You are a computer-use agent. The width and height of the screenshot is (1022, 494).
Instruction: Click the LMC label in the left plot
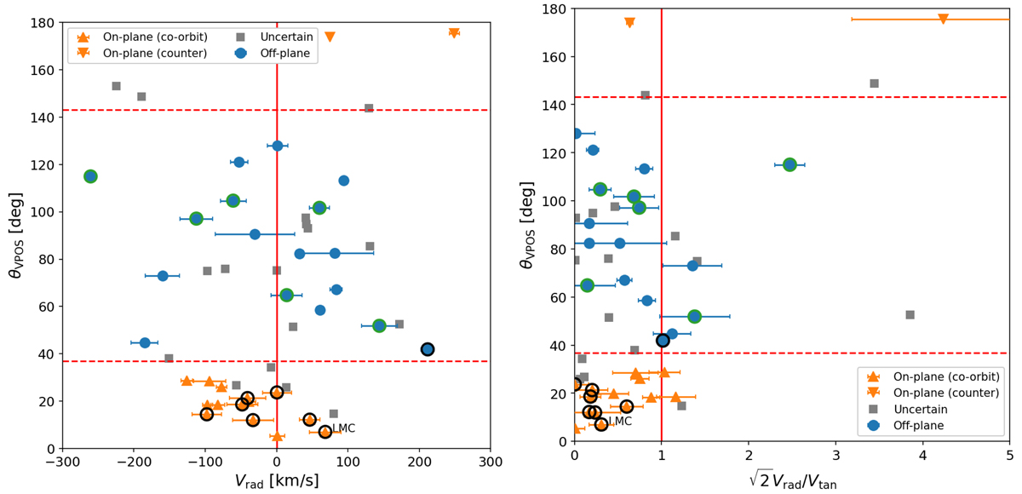click(x=343, y=428)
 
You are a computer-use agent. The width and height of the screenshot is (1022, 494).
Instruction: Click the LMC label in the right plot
click(x=619, y=421)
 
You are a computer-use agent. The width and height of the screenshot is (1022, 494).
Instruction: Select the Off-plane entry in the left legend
click(x=282, y=54)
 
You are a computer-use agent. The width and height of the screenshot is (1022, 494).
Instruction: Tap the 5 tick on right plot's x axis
click(x=1009, y=457)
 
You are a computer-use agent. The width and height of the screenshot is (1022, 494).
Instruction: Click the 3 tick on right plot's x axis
click(x=835, y=457)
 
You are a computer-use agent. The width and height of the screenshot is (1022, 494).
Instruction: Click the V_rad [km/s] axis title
click(x=277, y=482)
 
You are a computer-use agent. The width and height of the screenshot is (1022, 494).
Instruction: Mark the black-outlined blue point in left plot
click(x=428, y=349)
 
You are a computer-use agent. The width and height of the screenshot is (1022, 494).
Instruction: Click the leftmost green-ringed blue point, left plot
click(x=90, y=176)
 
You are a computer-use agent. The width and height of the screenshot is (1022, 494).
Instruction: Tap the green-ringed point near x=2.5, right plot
click(x=789, y=164)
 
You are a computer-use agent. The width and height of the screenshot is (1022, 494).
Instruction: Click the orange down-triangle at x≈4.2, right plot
click(x=943, y=19)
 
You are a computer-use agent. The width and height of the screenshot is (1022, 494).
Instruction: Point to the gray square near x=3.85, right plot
click(x=910, y=315)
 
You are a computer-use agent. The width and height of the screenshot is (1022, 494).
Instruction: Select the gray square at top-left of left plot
click(x=117, y=86)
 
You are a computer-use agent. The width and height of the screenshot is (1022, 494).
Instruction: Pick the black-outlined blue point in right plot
click(x=663, y=341)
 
